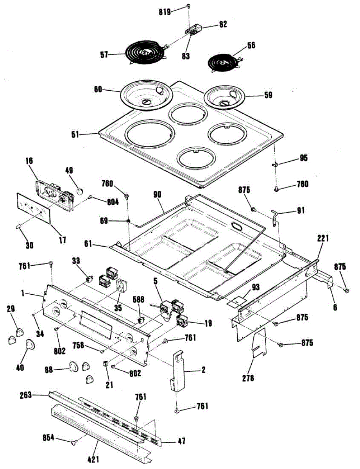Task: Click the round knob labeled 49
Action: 80,191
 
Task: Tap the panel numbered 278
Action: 259,343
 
